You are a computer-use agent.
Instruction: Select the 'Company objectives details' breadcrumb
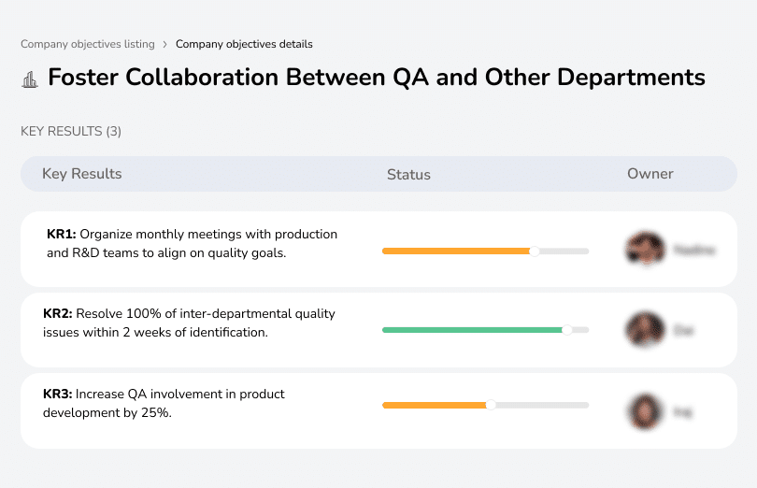(244, 44)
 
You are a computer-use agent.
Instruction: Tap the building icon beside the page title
(30, 79)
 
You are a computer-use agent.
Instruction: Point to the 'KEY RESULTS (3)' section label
(71, 132)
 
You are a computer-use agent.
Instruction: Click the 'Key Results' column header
(81, 174)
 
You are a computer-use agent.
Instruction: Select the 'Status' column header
(408, 175)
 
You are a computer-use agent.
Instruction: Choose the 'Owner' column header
(650, 174)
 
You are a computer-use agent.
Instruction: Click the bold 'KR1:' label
(62, 234)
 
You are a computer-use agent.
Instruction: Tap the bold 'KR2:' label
(58, 314)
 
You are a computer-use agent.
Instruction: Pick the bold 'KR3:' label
(58, 395)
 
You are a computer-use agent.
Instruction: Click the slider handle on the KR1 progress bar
(535, 251)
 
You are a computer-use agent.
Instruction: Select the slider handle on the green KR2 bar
(566, 330)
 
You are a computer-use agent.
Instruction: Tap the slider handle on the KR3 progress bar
(491, 405)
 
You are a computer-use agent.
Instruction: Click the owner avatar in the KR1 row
(644, 250)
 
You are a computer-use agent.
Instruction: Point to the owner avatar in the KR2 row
(644, 330)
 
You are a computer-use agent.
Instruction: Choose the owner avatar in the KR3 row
(644, 410)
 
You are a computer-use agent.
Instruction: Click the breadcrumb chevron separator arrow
(164, 44)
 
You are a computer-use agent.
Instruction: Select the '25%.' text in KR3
(155, 412)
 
